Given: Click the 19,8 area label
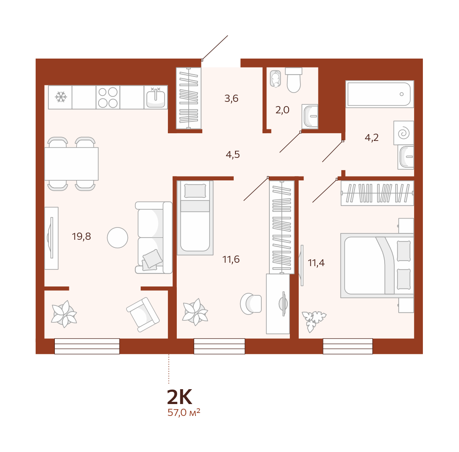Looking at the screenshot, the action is (81, 236).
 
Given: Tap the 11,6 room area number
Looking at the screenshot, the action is (231, 259).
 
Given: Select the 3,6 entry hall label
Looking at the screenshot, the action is (231, 98).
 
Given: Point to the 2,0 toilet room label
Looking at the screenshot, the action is (282, 110).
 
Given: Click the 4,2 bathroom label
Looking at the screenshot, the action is (371, 138).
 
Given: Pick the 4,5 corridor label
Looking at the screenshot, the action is (233, 154).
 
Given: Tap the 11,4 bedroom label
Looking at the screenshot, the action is (316, 263).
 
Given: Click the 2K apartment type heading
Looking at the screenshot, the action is (179, 397).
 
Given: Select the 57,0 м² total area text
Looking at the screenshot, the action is (184, 413).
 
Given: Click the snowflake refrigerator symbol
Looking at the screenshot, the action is (61, 97).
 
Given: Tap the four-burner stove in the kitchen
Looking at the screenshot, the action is (108, 97).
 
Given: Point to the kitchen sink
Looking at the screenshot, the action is (156, 98).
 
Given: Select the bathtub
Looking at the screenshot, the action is (380, 94).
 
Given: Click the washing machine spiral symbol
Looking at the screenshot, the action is (403, 133).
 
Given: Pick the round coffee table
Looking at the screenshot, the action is (117, 238).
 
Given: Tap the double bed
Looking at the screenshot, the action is (377, 265).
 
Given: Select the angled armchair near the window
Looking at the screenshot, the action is (143, 314).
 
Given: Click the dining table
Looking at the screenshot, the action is (71, 164).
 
